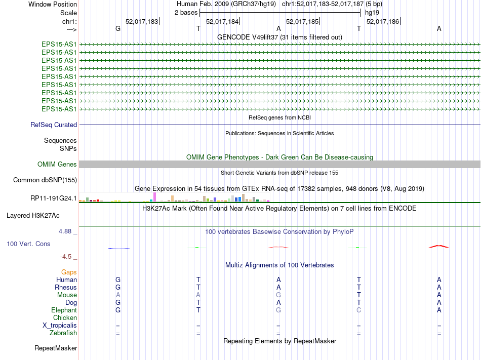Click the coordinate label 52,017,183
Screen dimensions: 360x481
point(142,22)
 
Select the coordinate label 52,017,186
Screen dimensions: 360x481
point(382,22)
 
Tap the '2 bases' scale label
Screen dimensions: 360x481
point(185,13)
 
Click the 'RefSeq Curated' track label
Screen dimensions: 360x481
point(54,125)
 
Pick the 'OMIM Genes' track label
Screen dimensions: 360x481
point(57,164)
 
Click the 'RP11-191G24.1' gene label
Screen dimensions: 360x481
point(54,198)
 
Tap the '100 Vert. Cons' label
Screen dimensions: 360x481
point(28,244)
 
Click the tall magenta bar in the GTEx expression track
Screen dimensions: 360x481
point(154,196)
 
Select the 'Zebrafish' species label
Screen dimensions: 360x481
point(63,333)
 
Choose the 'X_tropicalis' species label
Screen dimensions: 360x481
point(60,325)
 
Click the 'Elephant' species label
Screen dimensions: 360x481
point(64,310)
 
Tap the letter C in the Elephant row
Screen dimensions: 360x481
point(358,310)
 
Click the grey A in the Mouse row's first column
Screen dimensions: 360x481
point(118,295)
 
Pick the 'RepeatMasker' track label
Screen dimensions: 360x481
point(56,348)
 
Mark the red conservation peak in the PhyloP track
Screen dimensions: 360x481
point(438,246)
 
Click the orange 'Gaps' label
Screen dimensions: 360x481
point(69,272)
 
